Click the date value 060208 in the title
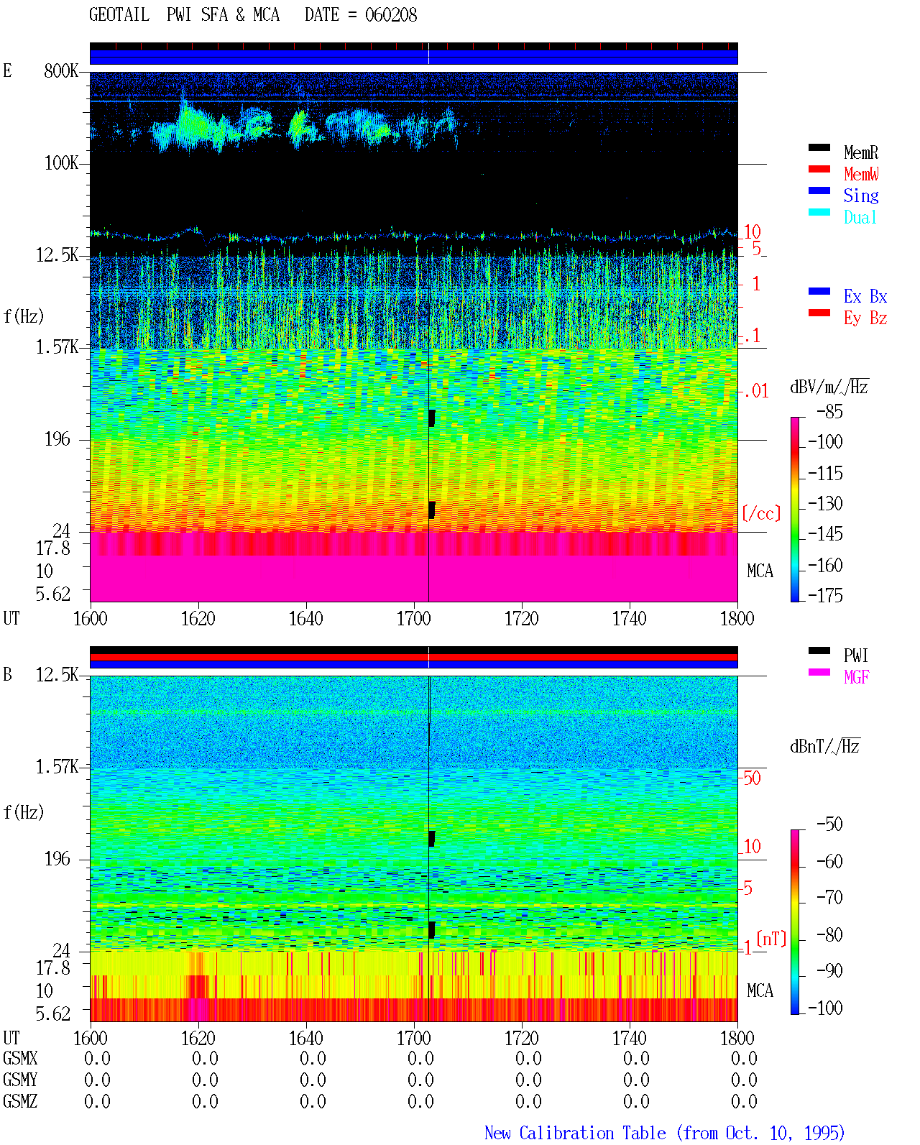[x=390, y=15]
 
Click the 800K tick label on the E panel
[x=61, y=70]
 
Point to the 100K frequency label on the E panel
[x=61, y=163]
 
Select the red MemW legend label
[x=861, y=174]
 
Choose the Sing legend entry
[x=861, y=196]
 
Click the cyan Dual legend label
[x=860, y=217]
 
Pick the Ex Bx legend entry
[x=865, y=296]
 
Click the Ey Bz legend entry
[x=865, y=318]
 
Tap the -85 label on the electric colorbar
[x=829, y=411]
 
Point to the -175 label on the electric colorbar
[x=825, y=595]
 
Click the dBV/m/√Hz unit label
[x=829, y=387]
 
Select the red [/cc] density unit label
[x=761, y=513]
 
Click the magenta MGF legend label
[x=856, y=677]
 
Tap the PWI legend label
[x=856, y=655]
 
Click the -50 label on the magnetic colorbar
[x=829, y=824]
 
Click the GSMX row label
[x=20, y=1058]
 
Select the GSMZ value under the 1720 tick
[x=528, y=1101]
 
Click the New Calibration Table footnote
[x=664, y=1133]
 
